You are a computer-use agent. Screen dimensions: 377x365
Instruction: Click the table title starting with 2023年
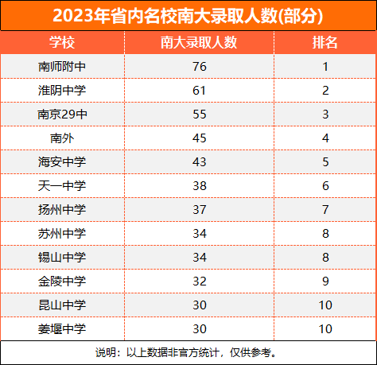[x=188, y=16]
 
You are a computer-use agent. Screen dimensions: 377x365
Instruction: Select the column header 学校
[x=62, y=42]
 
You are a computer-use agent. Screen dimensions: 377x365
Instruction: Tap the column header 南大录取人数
[x=199, y=42]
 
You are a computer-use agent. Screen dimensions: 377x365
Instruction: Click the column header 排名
[x=325, y=42]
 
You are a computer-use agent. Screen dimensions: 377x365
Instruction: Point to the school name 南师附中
[x=62, y=67]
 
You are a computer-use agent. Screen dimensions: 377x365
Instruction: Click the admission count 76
[x=200, y=67]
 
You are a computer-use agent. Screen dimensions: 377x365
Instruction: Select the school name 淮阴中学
[x=62, y=91]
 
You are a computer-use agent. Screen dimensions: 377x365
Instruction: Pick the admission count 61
[x=200, y=91]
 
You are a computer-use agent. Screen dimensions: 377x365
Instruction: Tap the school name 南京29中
[x=62, y=115]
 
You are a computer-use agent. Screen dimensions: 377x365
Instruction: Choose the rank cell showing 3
[x=325, y=115]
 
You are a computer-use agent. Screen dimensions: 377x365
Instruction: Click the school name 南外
[x=62, y=138]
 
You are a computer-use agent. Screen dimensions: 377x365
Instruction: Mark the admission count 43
[x=200, y=162]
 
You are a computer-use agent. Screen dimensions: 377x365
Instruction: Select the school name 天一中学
[x=62, y=186]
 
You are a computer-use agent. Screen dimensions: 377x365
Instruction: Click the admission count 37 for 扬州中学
[x=200, y=210]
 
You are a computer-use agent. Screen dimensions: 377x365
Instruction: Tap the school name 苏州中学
[x=62, y=234]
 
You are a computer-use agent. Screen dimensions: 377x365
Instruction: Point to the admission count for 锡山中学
[x=200, y=258]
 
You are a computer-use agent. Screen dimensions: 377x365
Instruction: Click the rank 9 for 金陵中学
[x=325, y=282]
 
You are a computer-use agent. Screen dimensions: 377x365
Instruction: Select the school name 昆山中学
[x=62, y=305]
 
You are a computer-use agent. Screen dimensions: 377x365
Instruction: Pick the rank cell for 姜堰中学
[x=325, y=329]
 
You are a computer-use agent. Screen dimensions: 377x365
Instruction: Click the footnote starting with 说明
[x=186, y=352]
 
